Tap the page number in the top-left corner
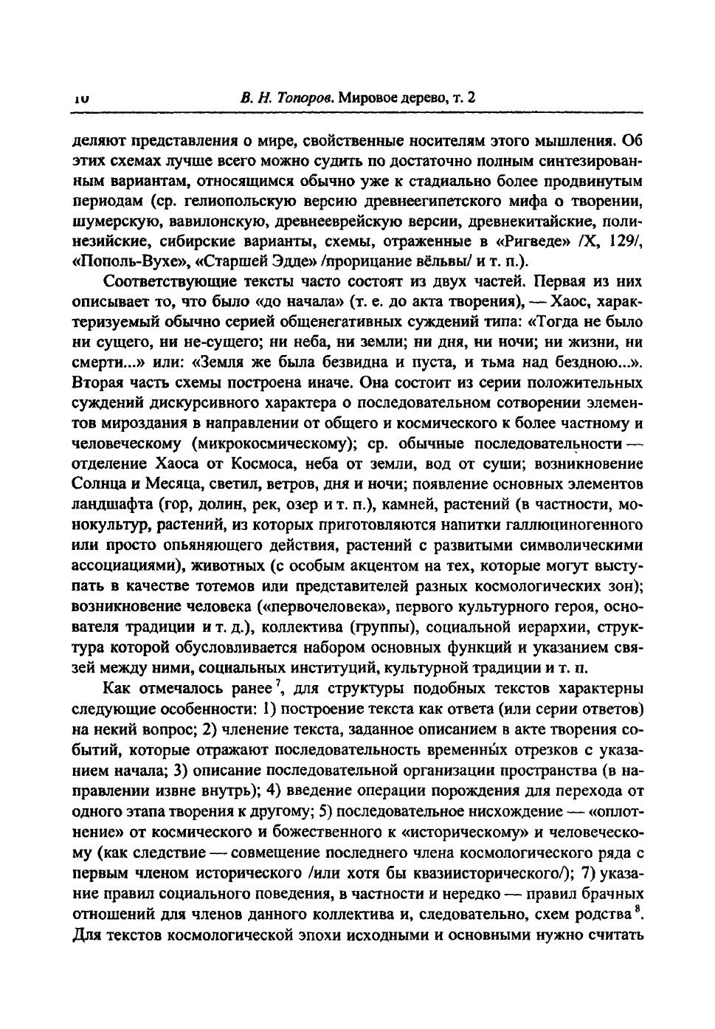coord(81,98)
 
